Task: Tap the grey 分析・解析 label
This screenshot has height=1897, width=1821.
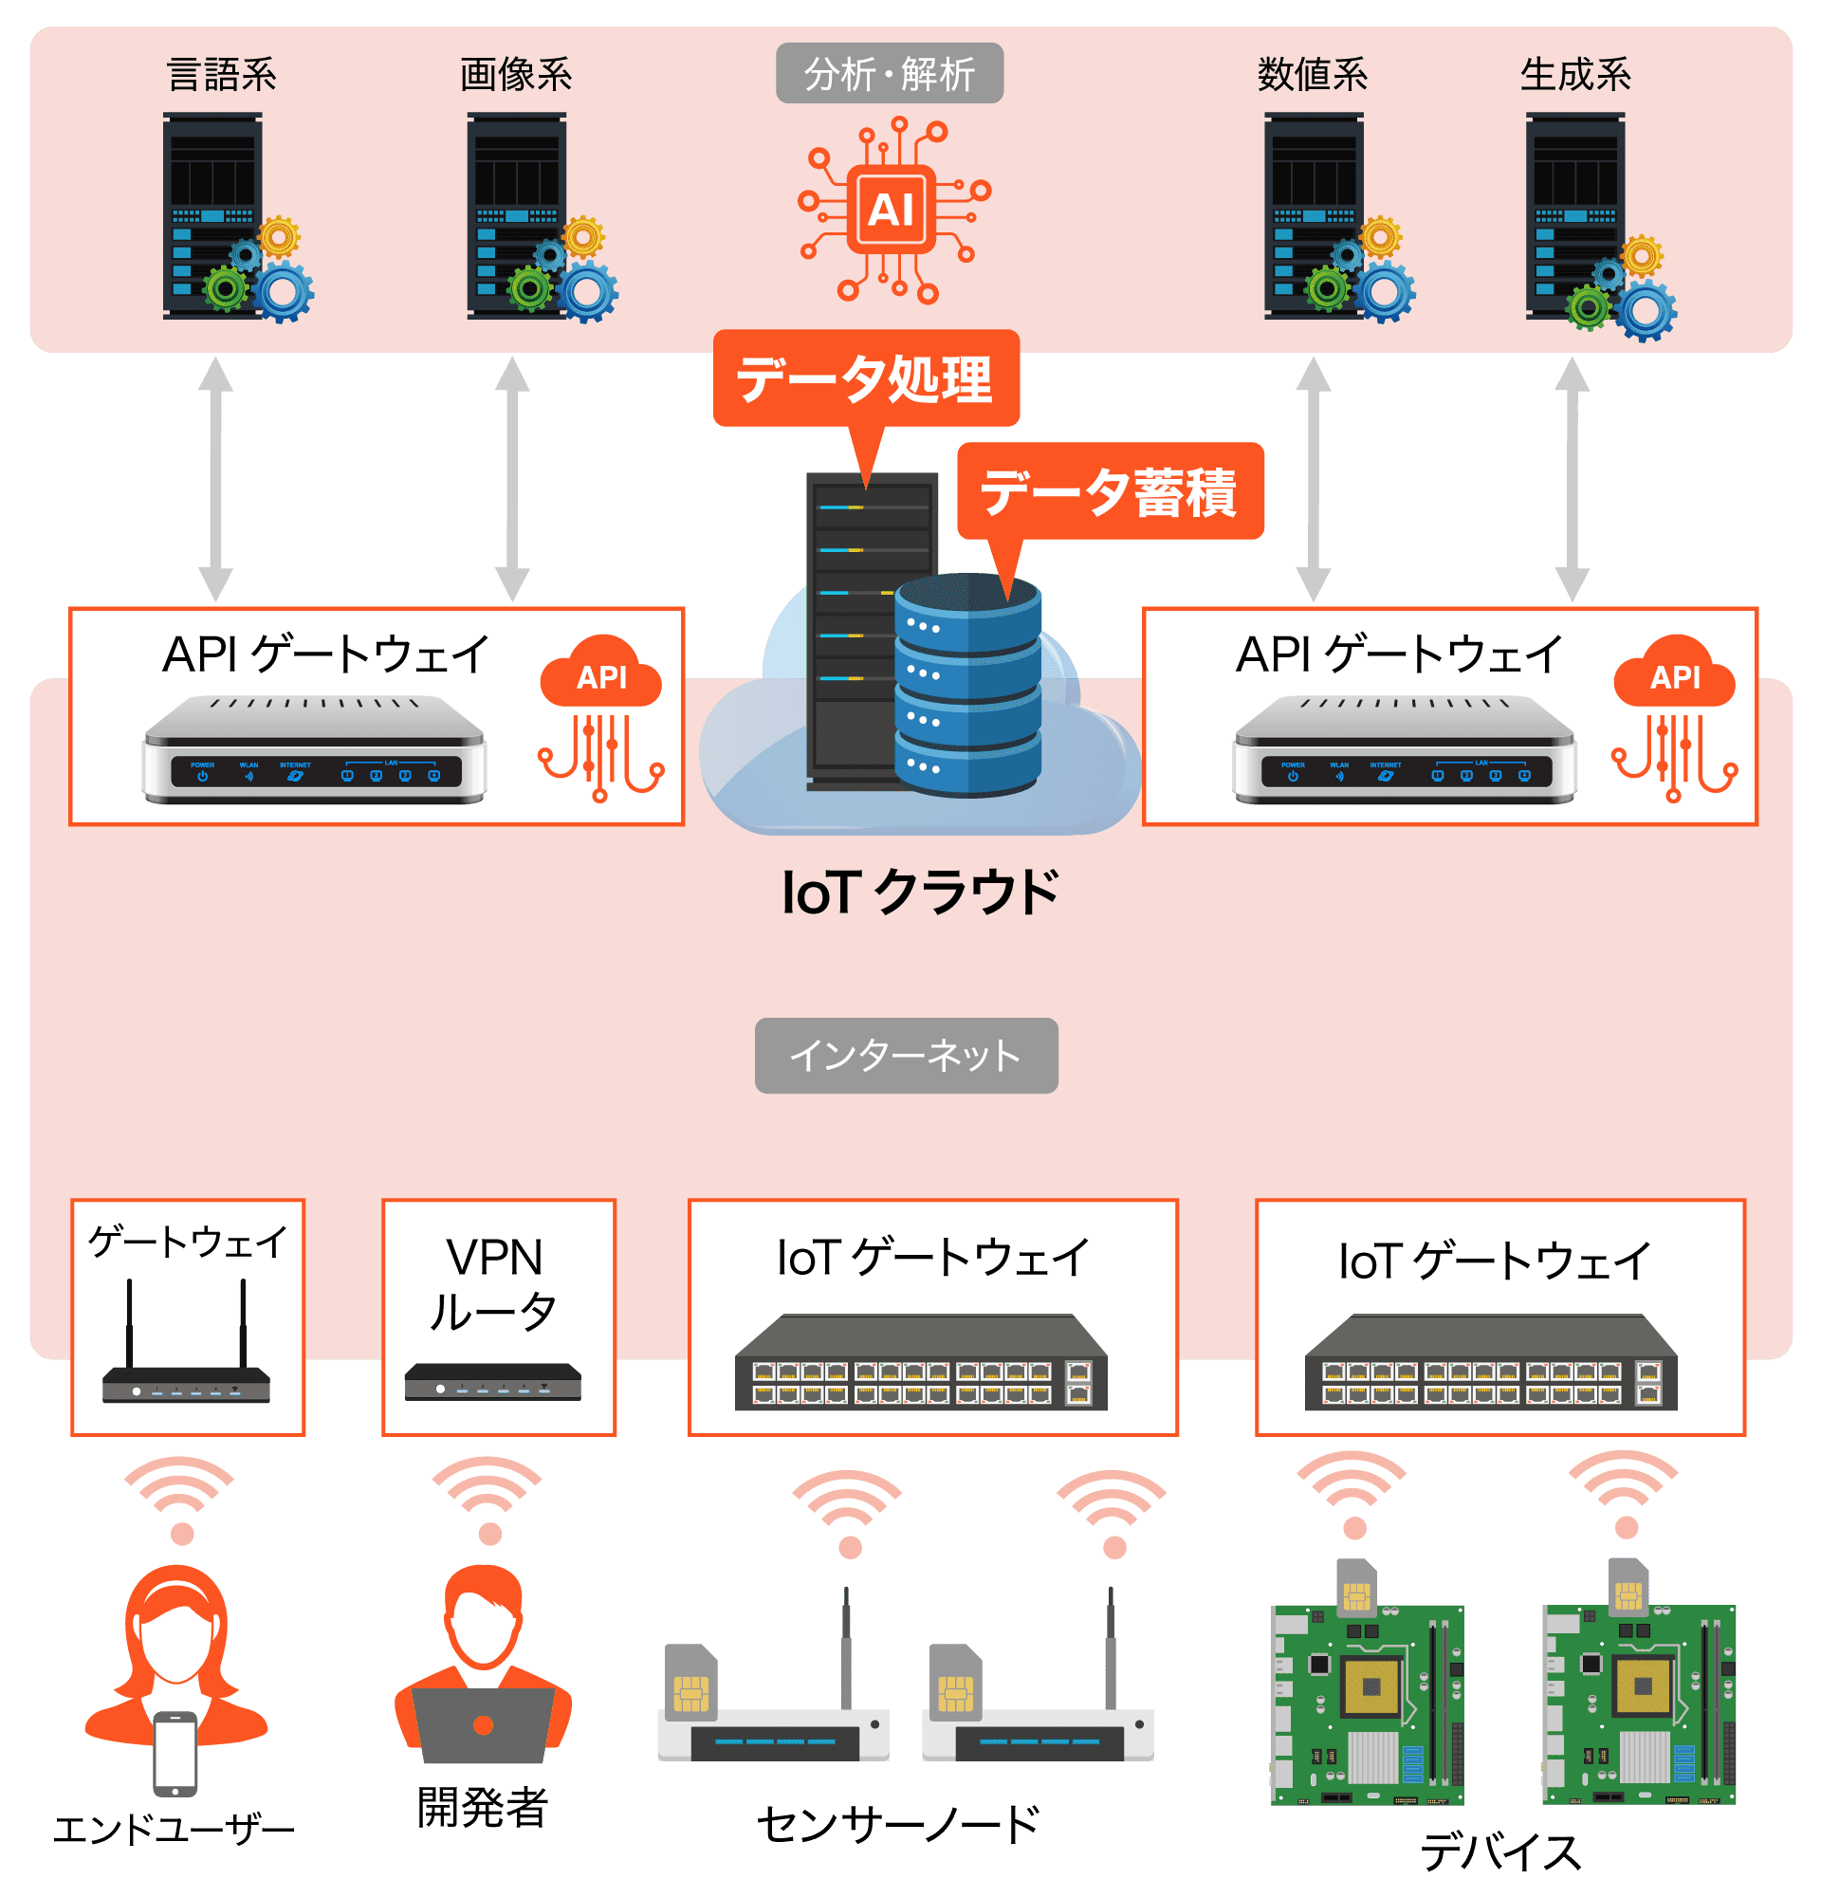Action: pos(890,74)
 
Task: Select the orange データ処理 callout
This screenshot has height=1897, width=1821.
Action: pos(866,378)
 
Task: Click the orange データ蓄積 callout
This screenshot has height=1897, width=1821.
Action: pos(1110,491)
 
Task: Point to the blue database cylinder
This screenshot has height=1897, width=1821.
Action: pos(967,687)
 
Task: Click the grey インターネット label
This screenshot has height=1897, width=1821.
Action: pos(906,1056)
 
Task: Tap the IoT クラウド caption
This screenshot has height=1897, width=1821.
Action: pos(919,893)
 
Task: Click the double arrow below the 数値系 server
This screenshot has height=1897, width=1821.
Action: pos(1313,480)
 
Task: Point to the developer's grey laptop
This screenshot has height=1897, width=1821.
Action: pos(484,1723)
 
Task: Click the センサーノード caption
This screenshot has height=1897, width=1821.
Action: pos(898,1825)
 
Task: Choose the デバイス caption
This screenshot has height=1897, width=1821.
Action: pos(1499,1853)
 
